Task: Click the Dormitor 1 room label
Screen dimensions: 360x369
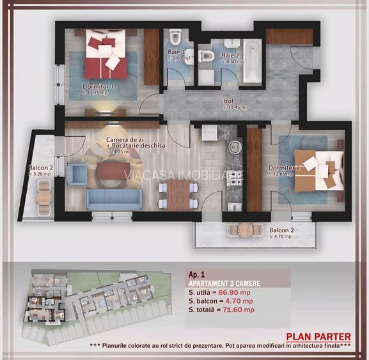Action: pos(98,87)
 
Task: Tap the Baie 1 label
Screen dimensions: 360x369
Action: pos(176,52)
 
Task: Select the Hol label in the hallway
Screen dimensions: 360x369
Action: pos(228,101)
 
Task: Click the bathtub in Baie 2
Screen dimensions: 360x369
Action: pos(252,61)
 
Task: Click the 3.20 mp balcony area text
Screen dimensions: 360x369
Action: pos(40,173)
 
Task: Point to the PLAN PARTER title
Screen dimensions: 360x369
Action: pos(318,336)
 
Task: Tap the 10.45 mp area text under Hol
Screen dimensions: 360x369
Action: pos(234,107)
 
